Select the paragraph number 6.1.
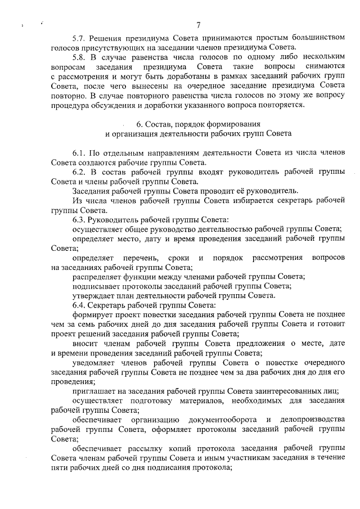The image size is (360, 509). (x=80, y=153)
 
